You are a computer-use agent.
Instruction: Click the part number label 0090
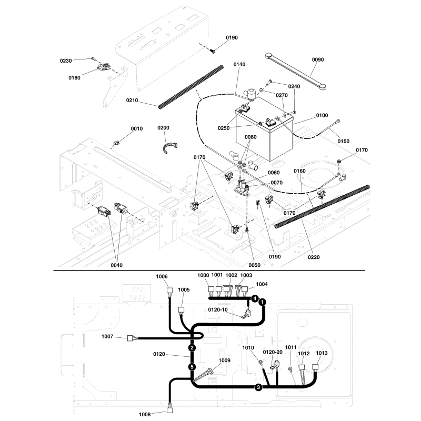318,59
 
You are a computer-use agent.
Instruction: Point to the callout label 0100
322,115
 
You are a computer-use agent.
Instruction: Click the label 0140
239,64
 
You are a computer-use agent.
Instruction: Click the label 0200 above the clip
164,128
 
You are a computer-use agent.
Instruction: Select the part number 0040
116,265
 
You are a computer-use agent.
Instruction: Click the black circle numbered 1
262,302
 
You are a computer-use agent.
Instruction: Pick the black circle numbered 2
193,348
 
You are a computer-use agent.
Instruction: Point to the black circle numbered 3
258,388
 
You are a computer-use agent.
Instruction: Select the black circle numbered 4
255,298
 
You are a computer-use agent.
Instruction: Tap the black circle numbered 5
193,366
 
